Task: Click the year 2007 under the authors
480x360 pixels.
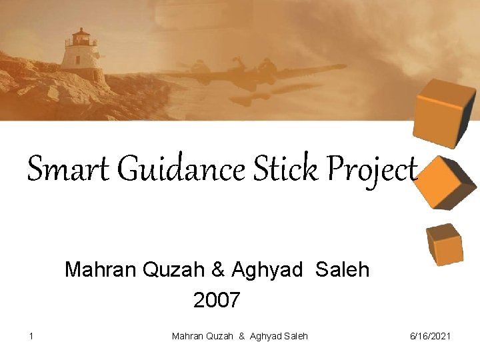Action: click(216, 301)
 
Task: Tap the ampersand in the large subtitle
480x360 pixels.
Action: click(218, 270)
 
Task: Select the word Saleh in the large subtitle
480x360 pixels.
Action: click(342, 270)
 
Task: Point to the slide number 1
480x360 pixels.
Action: click(31, 336)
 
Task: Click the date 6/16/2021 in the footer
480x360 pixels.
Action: click(430, 336)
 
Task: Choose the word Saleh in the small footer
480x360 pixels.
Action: click(295, 336)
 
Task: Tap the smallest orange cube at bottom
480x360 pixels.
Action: click(444, 243)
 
